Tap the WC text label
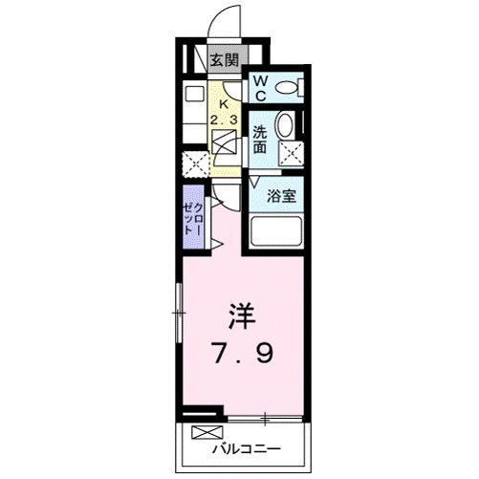[261, 90]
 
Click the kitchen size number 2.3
[226, 120]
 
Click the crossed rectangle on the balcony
[207, 433]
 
